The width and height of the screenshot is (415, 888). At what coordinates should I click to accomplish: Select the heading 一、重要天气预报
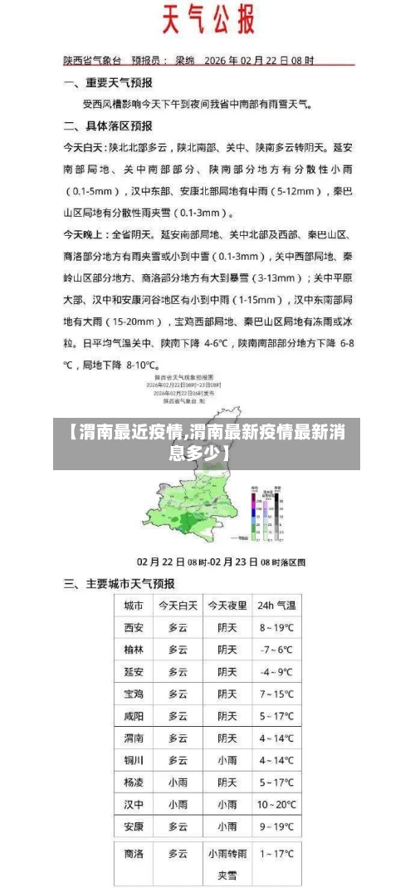(109, 83)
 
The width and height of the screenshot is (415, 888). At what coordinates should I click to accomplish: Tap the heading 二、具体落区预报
(109, 126)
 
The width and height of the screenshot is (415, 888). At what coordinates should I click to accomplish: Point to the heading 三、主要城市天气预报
(120, 584)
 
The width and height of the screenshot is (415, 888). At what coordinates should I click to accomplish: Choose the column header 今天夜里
(227, 606)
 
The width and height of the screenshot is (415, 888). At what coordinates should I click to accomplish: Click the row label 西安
(134, 627)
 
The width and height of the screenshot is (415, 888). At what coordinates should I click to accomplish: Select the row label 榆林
(134, 650)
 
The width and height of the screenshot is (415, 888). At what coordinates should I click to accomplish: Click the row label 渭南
(134, 738)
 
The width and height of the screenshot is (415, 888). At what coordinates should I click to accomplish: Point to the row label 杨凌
(134, 782)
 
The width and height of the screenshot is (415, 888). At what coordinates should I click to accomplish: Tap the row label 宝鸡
(134, 694)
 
